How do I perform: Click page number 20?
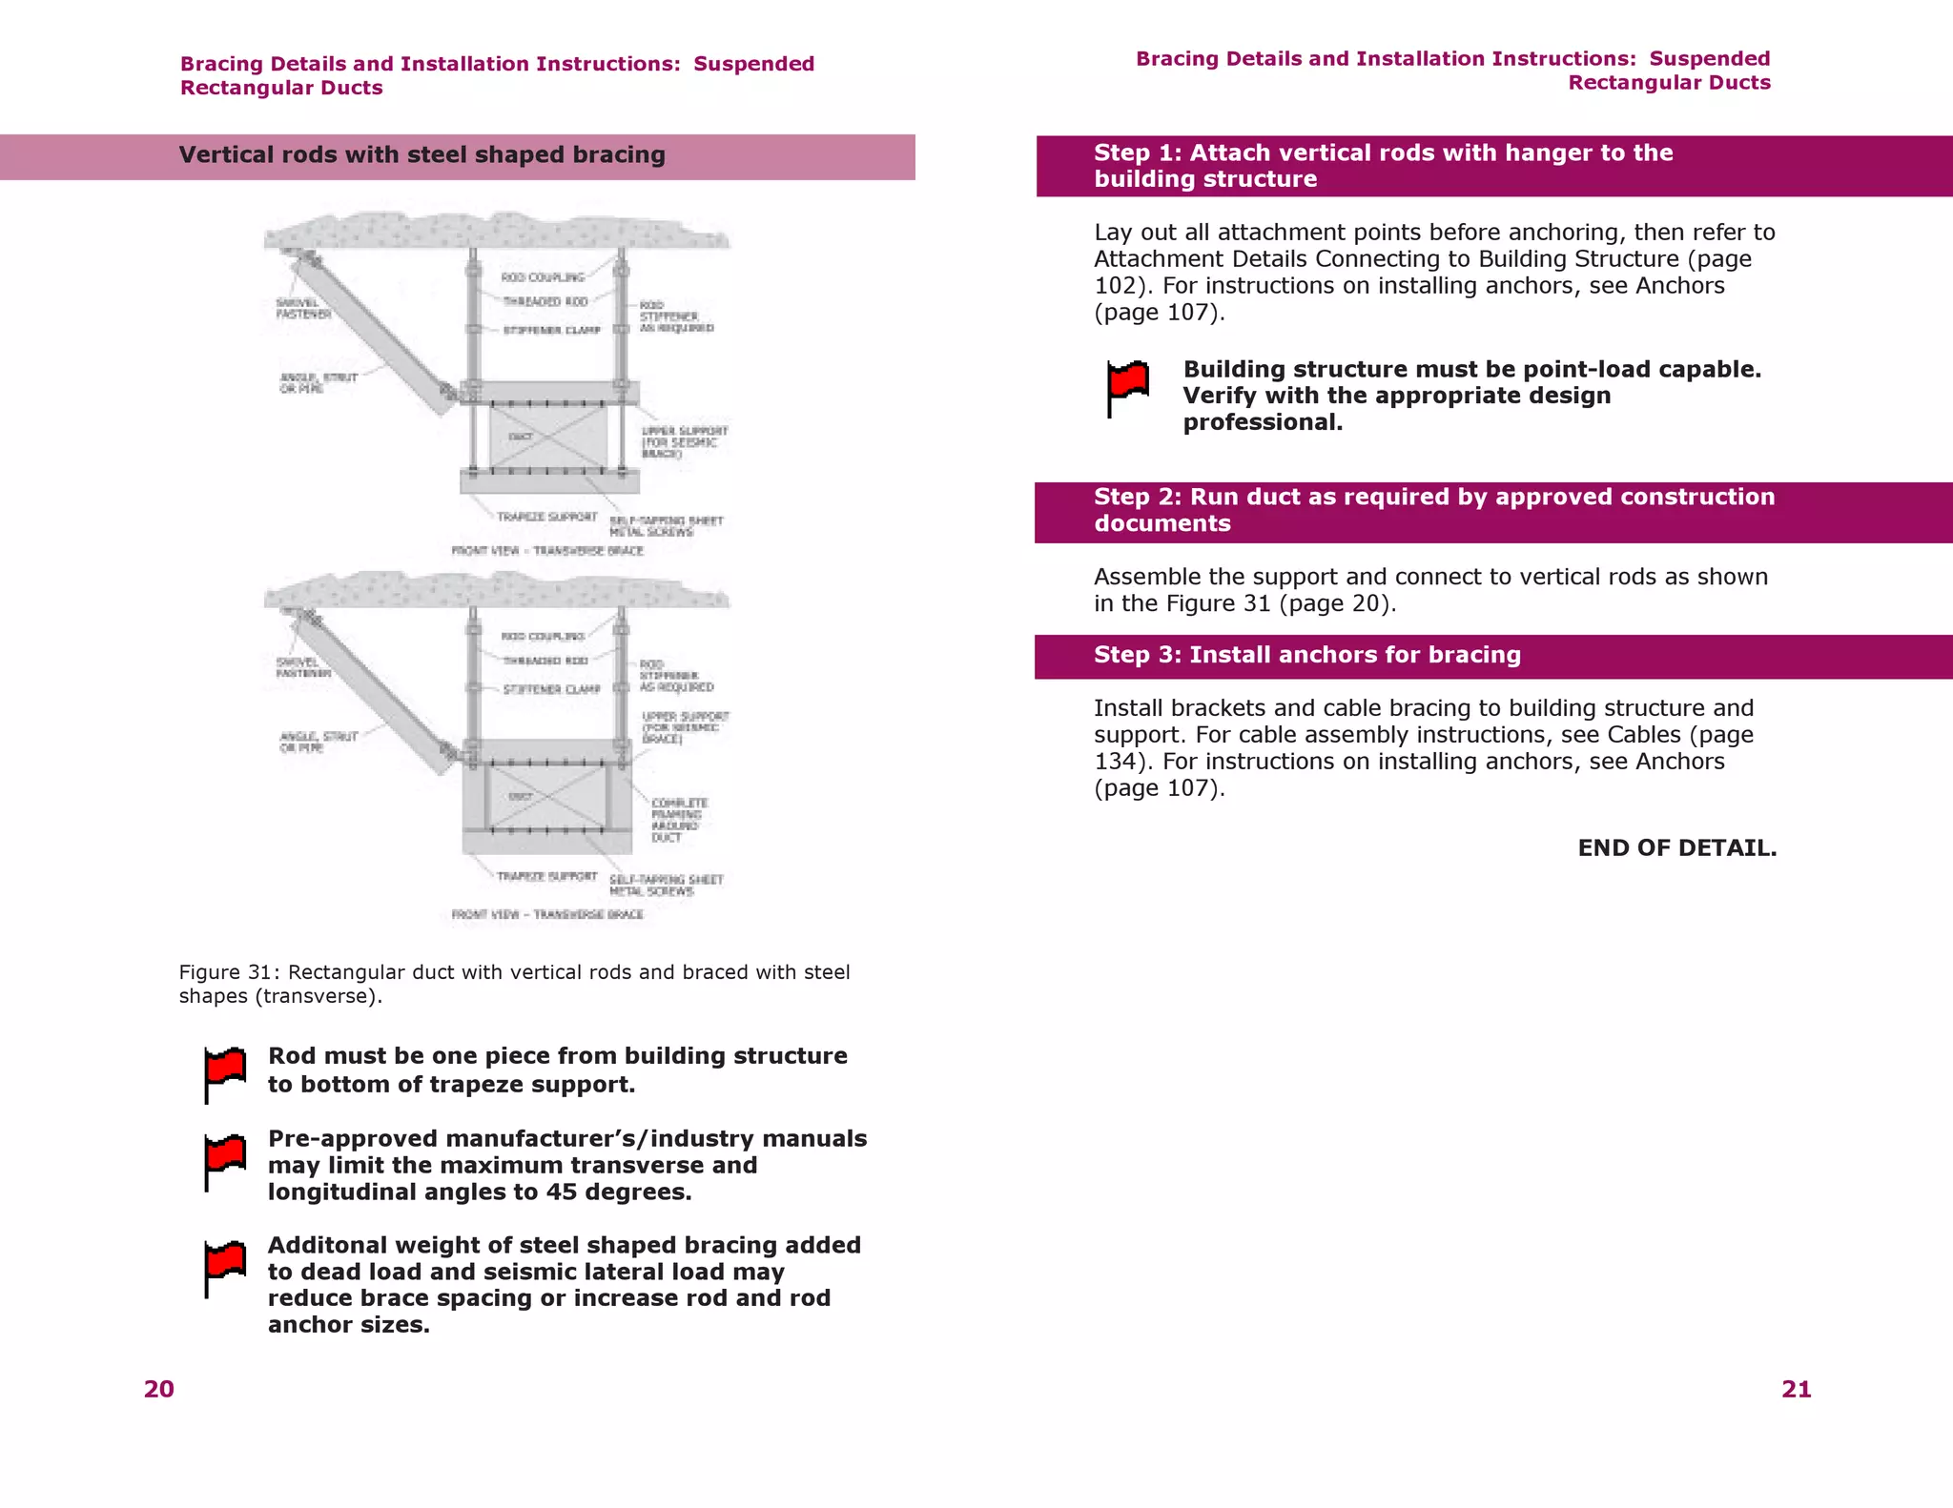click(x=159, y=1389)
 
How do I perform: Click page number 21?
click(x=1796, y=1389)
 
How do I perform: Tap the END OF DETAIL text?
click(x=1676, y=847)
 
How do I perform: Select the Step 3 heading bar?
click(x=1492, y=656)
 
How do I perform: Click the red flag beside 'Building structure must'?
click(x=1127, y=386)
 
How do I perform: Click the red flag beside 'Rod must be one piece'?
click(x=225, y=1072)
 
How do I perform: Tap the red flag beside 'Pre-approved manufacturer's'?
click(x=225, y=1160)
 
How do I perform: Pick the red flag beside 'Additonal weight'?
click(x=225, y=1267)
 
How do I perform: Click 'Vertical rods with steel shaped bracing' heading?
click(x=421, y=155)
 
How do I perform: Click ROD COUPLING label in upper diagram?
click(x=543, y=277)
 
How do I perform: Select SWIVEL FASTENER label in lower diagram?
click(x=303, y=667)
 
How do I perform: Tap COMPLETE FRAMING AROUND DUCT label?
click(x=679, y=820)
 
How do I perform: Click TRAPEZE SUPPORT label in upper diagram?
click(x=546, y=517)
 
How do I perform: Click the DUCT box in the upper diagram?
click(x=547, y=437)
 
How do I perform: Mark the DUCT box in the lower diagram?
click(x=546, y=796)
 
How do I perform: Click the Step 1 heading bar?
click(x=1492, y=166)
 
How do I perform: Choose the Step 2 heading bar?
click(x=1492, y=511)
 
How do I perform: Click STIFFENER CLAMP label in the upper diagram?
click(x=551, y=331)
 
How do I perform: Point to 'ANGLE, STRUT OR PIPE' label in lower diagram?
click(x=318, y=742)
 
